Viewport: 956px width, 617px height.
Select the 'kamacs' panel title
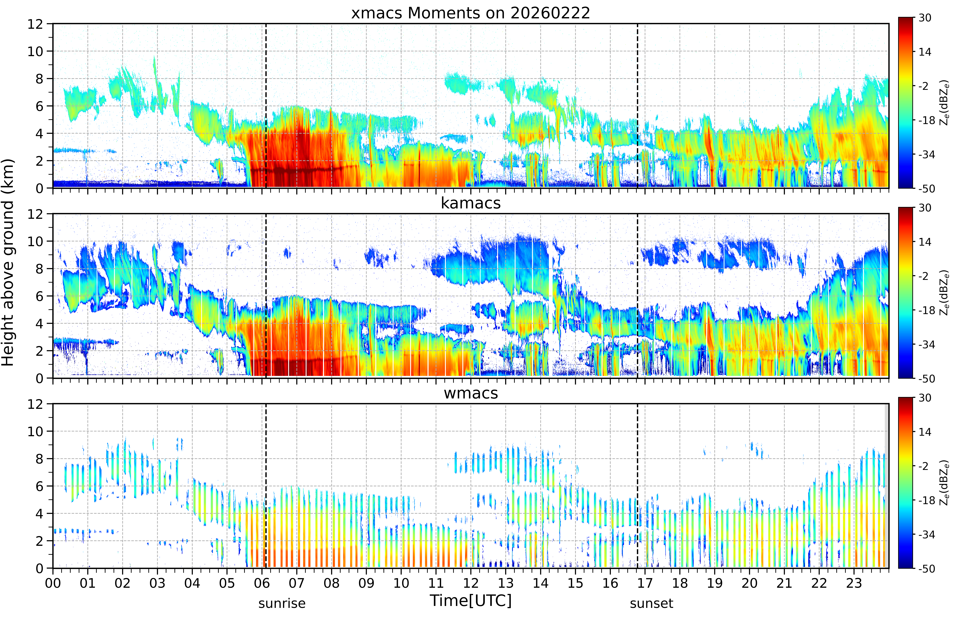point(471,203)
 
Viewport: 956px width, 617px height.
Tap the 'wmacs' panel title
point(471,393)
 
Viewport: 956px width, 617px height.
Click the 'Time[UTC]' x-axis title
point(471,601)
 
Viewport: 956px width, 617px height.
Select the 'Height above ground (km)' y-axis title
point(8,262)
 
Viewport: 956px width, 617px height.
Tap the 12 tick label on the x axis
point(471,583)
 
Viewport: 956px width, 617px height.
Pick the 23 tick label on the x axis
point(854,583)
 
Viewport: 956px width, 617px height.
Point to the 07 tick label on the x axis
point(297,583)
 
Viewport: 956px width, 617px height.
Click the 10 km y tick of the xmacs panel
point(35,51)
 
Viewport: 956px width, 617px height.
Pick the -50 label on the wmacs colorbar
point(927,569)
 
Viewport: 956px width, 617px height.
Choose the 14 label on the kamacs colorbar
point(925,242)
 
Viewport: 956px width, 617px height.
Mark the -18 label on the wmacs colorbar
point(927,500)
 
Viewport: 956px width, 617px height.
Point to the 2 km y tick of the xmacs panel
point(39,161)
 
